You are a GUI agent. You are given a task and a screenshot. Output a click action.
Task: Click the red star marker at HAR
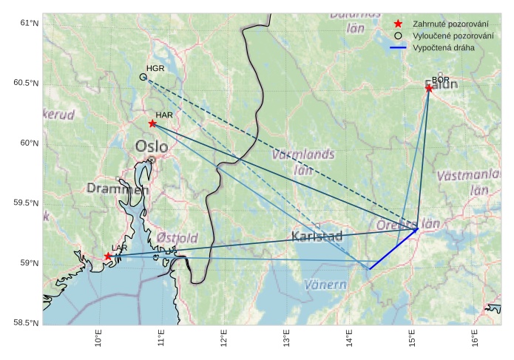point(152,123)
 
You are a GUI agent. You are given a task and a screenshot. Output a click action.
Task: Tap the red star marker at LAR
point(108,257)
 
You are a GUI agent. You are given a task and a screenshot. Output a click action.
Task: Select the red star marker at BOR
point(429,89)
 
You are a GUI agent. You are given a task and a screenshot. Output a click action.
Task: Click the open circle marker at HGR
point(143,77)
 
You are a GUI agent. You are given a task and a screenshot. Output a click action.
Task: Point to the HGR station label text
point(155,69)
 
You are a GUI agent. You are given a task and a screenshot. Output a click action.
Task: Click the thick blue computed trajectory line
point(393,249)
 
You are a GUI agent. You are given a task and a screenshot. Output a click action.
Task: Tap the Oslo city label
point(151,147)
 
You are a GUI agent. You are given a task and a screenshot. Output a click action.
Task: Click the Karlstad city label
point(317,237)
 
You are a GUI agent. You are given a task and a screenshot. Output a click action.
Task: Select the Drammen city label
point(118,189)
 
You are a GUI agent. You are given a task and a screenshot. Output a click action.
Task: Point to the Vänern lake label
point(325,285)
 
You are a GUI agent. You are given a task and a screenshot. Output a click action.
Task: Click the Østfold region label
point(177,238)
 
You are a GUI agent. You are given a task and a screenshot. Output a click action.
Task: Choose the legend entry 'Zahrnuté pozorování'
point(444,24)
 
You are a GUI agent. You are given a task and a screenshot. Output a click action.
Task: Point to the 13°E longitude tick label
point(287,339)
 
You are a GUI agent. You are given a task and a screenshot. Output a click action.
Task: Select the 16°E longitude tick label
point(474,339)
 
